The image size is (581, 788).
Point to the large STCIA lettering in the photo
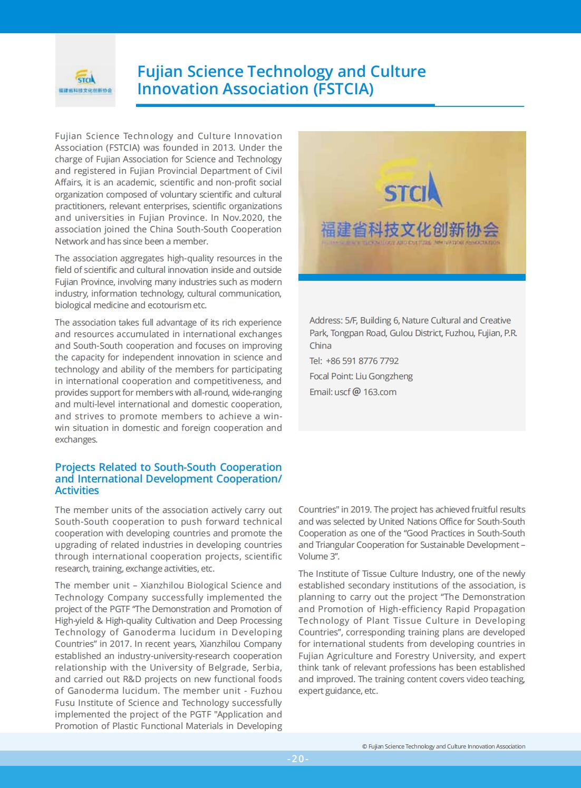pyautogui.click(x=412, y=193)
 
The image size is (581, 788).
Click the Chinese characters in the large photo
pyautogui.click(x=410, y=229)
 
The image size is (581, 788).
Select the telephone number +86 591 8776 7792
pyautogui.click(x=362, y=361)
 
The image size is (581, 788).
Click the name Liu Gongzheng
pyautogui.click(x=384, y=376)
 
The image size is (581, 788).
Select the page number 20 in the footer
pyautogui.click(x=298, y=759)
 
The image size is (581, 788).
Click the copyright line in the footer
pyautogui.click(x=443, y=746)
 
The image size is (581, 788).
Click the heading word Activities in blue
pyautogui.click(x=77, y=490)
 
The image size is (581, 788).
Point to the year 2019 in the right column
pyautogui.click(x=359, y=509)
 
